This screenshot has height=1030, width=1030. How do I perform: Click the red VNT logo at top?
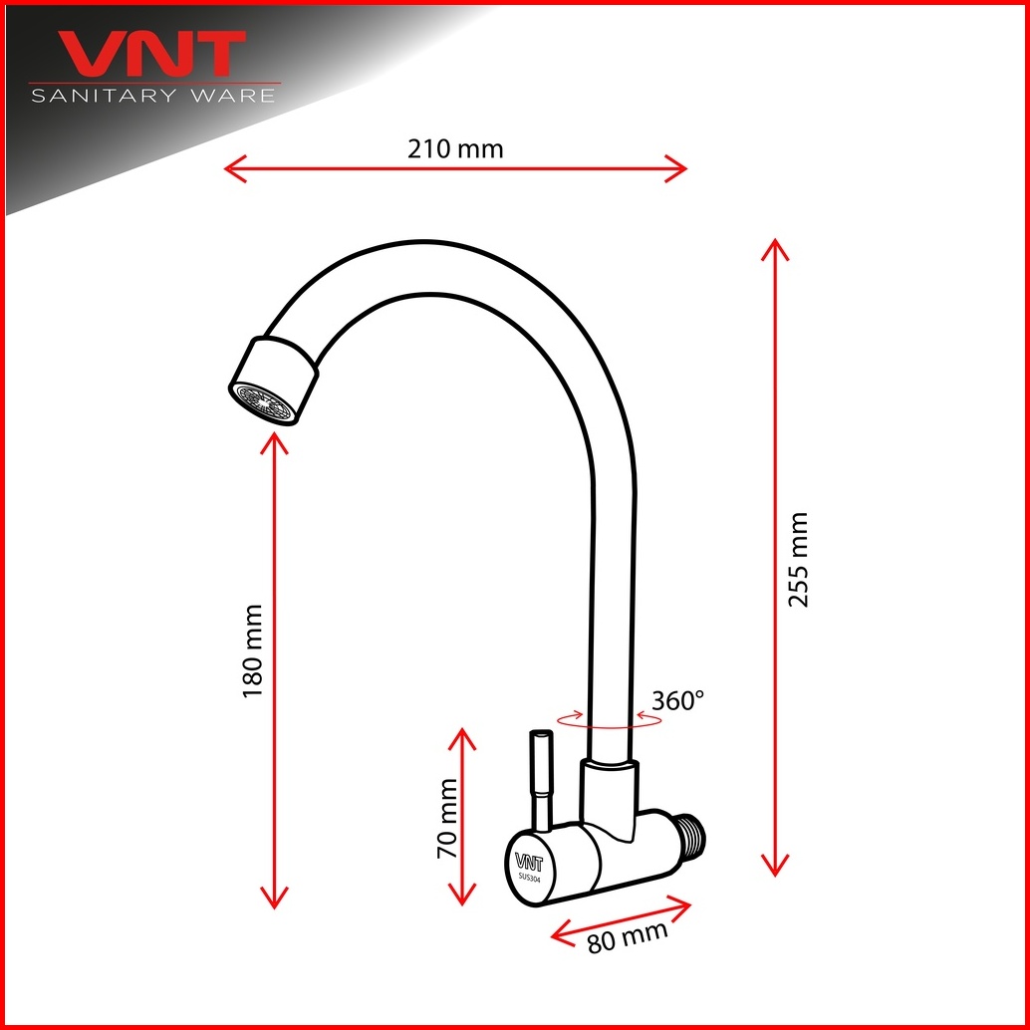[x=152, y=53]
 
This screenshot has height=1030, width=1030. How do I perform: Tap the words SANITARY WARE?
[x=153, y=96]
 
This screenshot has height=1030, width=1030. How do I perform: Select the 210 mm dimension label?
[x=455, y=149]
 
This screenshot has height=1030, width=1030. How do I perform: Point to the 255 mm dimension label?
[x=798, y=560]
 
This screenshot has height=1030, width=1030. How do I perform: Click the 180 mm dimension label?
[x=253, y=651]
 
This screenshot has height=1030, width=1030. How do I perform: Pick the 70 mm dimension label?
[x=447, y=819]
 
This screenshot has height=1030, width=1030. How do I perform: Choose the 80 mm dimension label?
[x=628, y=935]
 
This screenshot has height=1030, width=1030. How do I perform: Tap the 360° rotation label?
[x=677, y=701]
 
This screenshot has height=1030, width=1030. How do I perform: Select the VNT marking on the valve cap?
[x=529, y=862]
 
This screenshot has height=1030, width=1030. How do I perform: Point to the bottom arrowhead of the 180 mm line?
[x=274, y=900]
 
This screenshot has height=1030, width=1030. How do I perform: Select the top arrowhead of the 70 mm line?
[x=462, y=737]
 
